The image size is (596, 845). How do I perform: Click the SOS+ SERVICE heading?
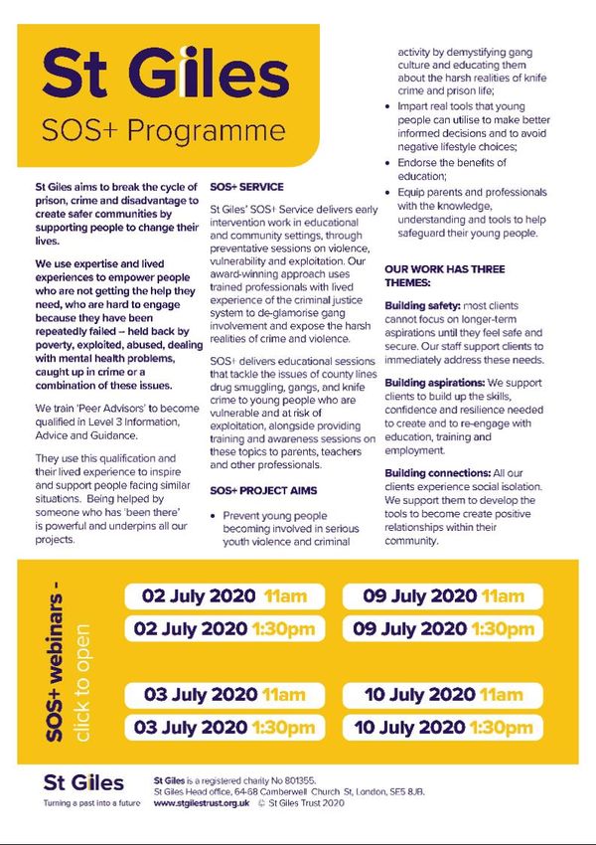click(246, 187)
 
